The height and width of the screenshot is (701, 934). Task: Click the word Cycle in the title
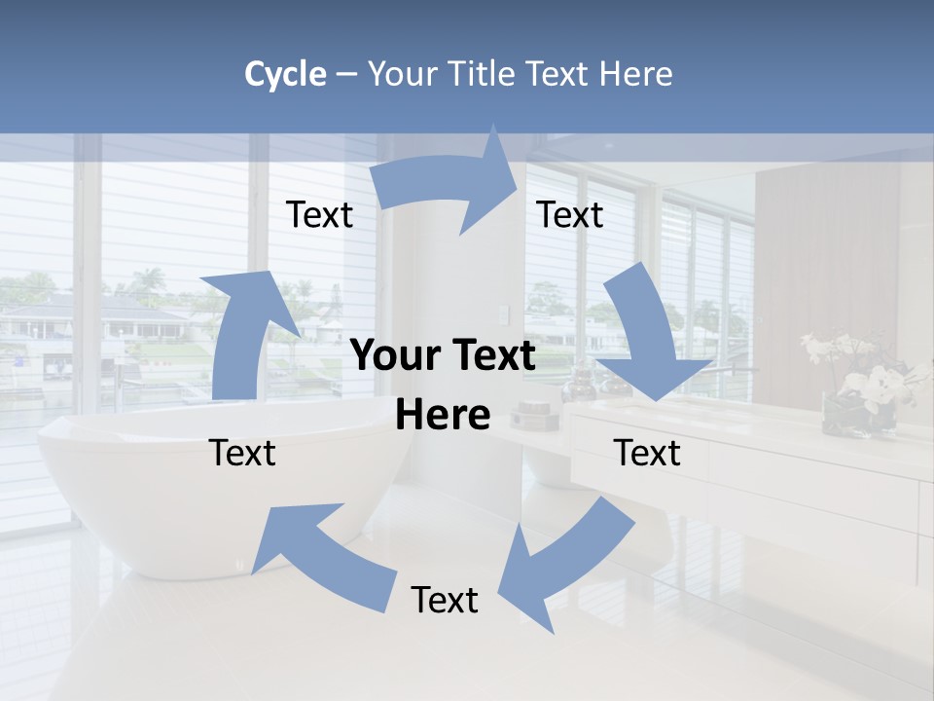285,74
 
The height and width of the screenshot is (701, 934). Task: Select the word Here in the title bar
637,74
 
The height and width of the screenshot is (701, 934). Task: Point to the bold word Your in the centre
393,355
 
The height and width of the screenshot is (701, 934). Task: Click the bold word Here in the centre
443,415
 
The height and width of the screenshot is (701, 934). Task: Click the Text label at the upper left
319,214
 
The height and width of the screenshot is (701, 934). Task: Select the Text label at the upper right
570,214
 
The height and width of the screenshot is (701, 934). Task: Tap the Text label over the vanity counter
647,453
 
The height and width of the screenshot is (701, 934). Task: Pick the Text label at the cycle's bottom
445,600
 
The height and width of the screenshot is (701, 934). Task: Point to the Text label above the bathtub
243,453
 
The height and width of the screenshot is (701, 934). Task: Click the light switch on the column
502,314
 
